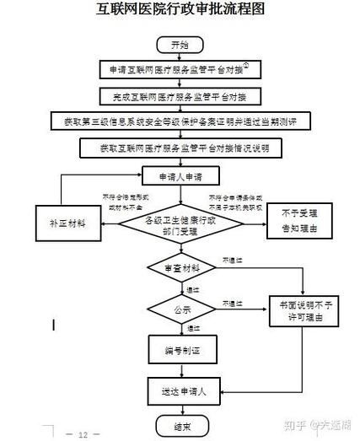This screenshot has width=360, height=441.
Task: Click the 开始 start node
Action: (x=179, y=43)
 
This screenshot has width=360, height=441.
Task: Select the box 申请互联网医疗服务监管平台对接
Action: (x=179, y=69)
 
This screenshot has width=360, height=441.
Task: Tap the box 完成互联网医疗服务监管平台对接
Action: (x=179, y=95)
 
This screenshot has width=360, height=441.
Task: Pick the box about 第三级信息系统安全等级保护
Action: (x=180, y=121)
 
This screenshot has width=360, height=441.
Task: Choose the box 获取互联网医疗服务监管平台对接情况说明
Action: (x=180, y=148)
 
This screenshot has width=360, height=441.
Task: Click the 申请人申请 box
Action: (x=179, y=177)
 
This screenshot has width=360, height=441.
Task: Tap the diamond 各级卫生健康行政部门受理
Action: (x=179, y=223)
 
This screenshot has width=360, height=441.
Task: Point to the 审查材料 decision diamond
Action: (x=179, y=268)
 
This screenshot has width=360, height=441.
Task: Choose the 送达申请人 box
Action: (x=179, y=391)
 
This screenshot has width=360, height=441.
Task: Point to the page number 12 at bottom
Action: (x=83, y=435)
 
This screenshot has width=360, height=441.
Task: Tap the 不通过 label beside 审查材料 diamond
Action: (x=232, y=259)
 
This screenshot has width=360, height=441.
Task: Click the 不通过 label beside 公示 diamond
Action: (x=232, y=302)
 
